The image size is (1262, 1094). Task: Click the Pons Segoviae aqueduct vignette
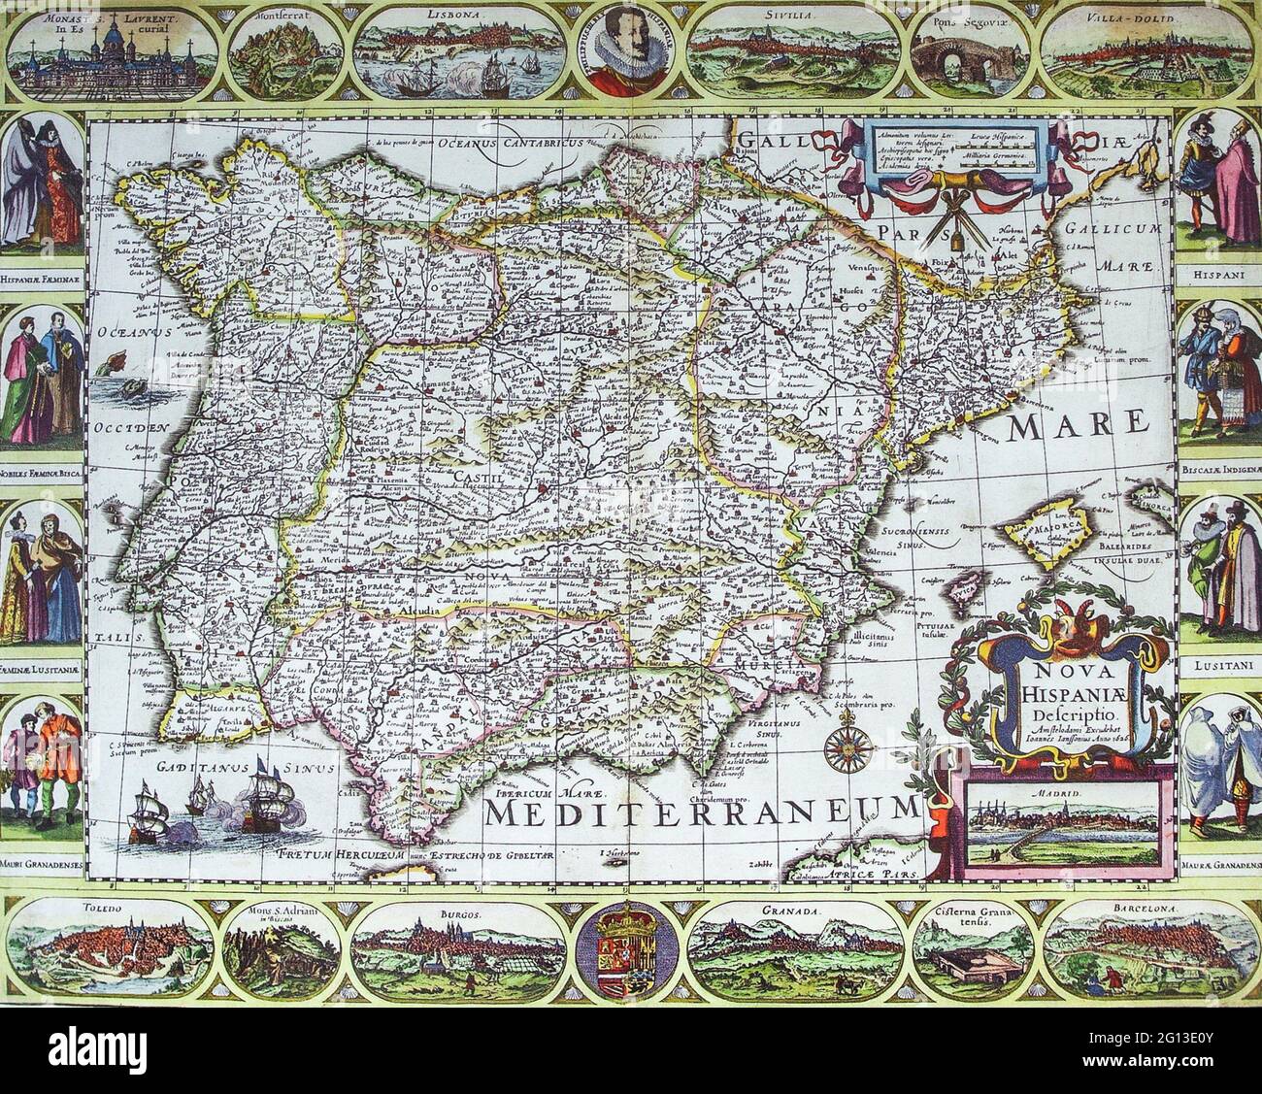coord(966,53)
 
